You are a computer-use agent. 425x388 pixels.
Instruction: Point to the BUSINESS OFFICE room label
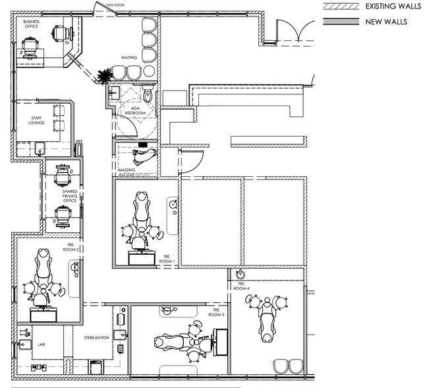pos(32,24)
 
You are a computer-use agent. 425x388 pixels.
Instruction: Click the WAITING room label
pos(129,57)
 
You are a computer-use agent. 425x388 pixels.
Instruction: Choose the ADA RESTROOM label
pos(135,112)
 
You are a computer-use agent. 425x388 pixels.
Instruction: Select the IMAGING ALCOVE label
pos(127,173)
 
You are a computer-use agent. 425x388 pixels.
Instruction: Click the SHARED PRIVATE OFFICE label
pos(69,196)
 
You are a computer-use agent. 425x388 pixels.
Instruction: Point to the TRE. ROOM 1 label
pos(167,259)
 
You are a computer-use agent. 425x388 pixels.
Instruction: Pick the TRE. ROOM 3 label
pos(217,312)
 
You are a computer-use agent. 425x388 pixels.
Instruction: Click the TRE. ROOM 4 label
pos(241,286)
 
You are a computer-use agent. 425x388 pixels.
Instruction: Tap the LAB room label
pos(41,344)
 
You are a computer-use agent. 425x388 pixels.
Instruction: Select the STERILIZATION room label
pos(96,337)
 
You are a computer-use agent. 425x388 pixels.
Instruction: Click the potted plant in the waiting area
pos(104,77)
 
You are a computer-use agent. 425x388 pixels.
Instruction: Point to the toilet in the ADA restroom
pos(149,97)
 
